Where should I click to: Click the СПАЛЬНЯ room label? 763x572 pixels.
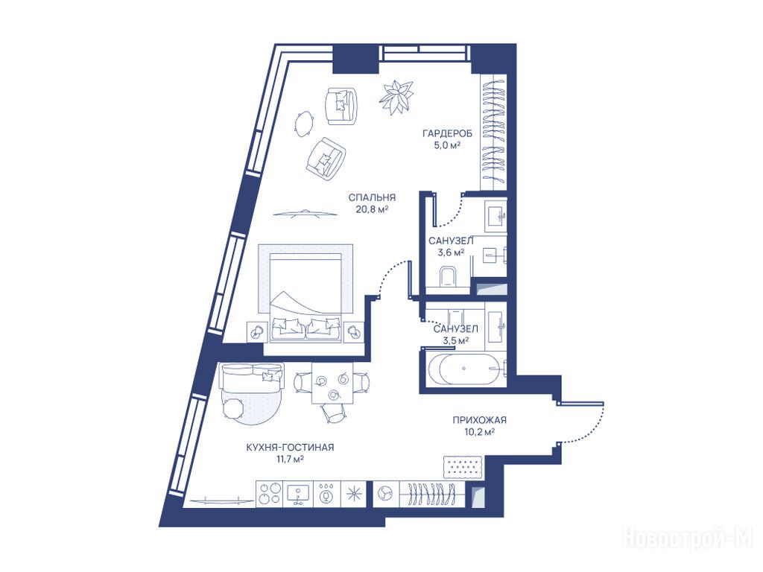point(372,197)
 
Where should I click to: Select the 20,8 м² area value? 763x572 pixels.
point(372,209)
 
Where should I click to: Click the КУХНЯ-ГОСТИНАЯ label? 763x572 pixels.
point(290,447)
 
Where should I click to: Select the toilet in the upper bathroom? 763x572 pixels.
point(448,276)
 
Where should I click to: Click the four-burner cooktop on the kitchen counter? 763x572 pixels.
point(269,494)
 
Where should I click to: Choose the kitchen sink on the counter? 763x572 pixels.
point(298,494)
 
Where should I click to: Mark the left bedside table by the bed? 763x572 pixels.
point(256,332)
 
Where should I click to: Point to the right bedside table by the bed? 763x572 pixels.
point(353,332)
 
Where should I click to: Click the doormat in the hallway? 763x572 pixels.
point(463,466)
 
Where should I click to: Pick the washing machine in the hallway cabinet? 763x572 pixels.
point(385,494)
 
